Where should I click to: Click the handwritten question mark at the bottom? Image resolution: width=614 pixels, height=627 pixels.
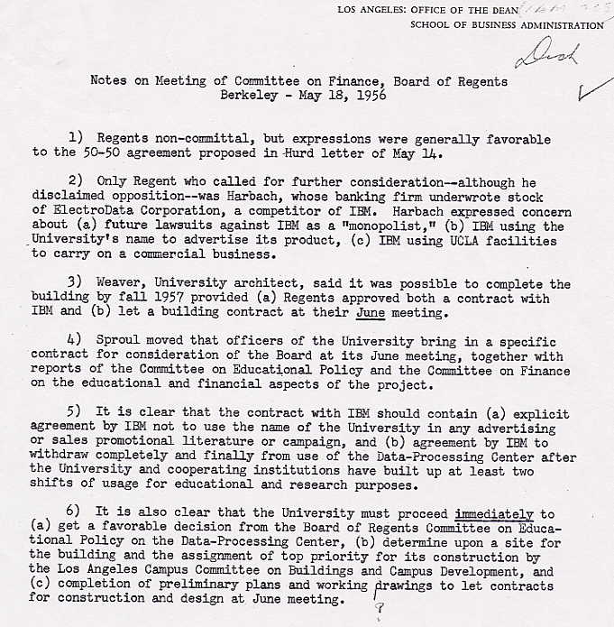380,609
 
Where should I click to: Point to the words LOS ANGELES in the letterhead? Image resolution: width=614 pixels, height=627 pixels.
371,9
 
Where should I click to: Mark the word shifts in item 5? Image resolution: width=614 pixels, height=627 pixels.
50,486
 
